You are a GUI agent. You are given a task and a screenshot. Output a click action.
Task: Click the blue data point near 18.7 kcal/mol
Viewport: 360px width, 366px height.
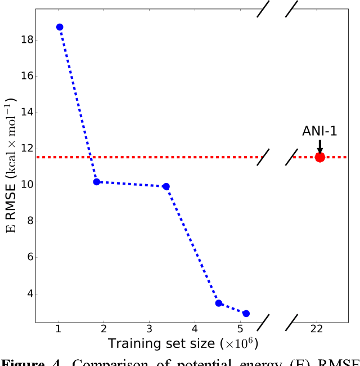60,27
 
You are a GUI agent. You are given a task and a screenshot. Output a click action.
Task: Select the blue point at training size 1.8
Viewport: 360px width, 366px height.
97,182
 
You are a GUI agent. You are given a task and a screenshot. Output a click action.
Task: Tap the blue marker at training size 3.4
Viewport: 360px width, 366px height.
166,186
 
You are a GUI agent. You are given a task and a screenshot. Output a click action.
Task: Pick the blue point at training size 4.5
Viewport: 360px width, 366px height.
219,303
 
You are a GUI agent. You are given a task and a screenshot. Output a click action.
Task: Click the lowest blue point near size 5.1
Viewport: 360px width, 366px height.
246,314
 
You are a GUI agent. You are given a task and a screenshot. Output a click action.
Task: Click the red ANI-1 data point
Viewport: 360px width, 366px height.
320,157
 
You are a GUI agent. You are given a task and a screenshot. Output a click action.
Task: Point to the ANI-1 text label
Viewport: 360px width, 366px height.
320,131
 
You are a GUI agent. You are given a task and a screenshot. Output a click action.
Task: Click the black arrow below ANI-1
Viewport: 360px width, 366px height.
320,146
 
